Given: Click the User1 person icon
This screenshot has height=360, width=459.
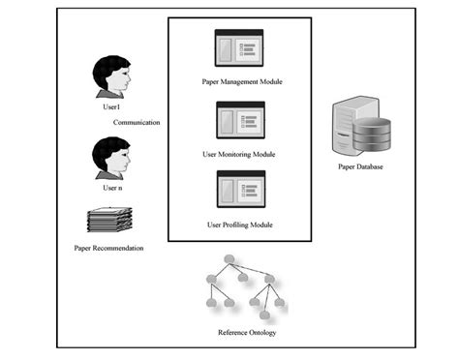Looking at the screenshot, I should point(113,78).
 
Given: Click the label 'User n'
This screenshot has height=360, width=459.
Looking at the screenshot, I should point(113,187).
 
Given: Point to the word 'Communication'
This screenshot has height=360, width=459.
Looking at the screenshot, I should point(137,123).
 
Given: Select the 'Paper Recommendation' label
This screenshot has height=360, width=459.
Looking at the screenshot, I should point(108,249).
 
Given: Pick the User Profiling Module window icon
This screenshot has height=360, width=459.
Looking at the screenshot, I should point(239,190).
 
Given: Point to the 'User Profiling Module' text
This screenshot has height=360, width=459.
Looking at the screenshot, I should point(239,224).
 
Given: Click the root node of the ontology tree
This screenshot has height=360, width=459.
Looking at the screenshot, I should point(229,259).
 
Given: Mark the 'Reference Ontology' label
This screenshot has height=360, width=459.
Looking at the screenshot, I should point(242,335).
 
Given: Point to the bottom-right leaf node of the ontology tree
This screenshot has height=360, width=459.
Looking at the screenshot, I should point(279,303).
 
